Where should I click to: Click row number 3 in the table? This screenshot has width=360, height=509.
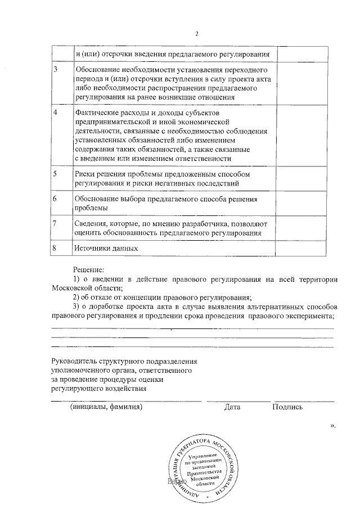55,70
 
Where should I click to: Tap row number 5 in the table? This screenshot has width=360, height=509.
55,174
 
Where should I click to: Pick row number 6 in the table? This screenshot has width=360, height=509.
55,199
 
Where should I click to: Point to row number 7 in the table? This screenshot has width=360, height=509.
55,224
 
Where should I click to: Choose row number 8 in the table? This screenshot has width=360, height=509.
55,248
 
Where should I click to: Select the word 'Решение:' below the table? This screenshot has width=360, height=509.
88,270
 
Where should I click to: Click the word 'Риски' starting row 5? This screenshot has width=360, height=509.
85,174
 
